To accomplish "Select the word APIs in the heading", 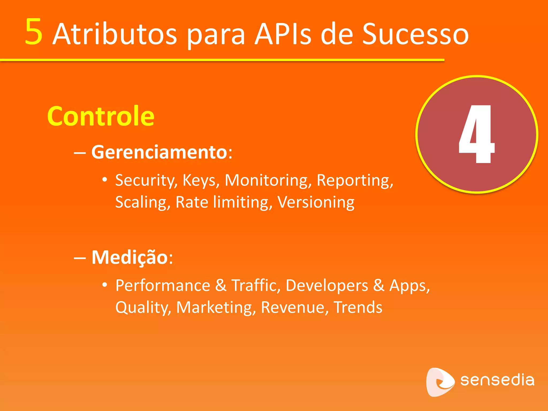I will (x=283, y=34).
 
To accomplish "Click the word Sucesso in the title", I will (x=415, y=34).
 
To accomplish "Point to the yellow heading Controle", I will (x=101, y=116).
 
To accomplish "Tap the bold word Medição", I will (x=130, y=257).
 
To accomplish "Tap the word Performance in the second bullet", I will (x=163, y=286).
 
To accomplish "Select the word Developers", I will (x=327, y=286).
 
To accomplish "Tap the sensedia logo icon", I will (x=439, y=382).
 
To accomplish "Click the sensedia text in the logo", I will (x=497, y=380).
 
